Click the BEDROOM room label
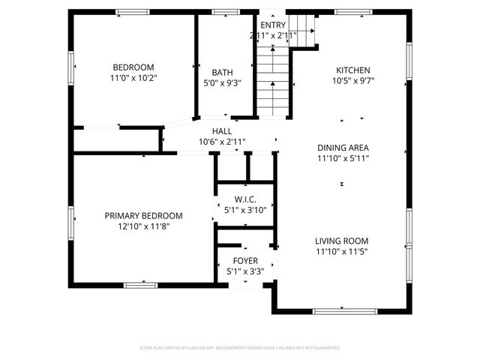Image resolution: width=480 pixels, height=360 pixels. pyautogui.click(x=133, y=66)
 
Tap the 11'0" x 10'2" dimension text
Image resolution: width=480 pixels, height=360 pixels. pyautogui.click(x=133, y=76)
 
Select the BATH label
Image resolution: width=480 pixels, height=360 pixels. pyautogui.click(x=222, y=73)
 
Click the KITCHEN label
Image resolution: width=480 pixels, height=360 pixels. pyautogui.click(x=352, y=70)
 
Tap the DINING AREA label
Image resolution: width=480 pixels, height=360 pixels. pyautogui.click(x=343, y=148)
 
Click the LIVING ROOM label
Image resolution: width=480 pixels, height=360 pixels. pyautogui.click(x=342, y=241)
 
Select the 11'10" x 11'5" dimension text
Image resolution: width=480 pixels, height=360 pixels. pyautogui.click(x=342, y=252)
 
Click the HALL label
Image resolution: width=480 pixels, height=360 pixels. pyautogui.click(x=222, y=130)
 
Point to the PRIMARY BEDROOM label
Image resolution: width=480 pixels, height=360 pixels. pyautogui.click(x=143, y=215)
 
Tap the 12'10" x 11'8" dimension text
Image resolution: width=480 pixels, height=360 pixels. pyautogui.click(x=143, y=226)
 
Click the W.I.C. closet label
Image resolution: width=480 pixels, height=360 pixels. pyautogui.click(x=245, y=199)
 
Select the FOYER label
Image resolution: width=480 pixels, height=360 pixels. pyautogui.click(x=245, y=261)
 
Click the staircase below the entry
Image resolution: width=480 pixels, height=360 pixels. pyautogui.click(x=273, y=82)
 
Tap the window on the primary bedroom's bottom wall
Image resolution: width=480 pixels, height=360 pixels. pyautogui.click(x=140, y=284)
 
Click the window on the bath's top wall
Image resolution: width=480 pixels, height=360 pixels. pyautogui.click(x=223, y=12)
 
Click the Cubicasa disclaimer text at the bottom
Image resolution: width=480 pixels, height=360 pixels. pyautogui.click(x=240, y=348)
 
